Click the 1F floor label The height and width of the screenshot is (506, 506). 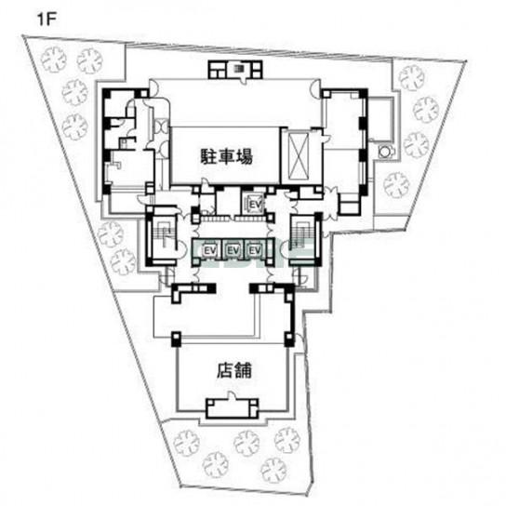click(x=47, y=20)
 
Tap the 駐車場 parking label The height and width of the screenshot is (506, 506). click(x=227, y=156)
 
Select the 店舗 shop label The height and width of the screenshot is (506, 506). click(x=233, y=370)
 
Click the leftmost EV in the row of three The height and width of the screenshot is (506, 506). click(x=209, y=250)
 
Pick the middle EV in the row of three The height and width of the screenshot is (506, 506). click(x=233, y=250)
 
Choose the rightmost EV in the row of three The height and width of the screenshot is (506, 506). click(x=255, y=250)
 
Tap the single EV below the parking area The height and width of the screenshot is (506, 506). click(x=255, y=205)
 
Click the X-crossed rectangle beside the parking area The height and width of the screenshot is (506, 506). click(x=300, y=156)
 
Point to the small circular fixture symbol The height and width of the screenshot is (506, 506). click(x=385, y=151)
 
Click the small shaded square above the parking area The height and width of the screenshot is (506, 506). click(x=238, y=69)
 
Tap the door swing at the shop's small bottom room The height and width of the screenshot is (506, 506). click(x=231, y=395)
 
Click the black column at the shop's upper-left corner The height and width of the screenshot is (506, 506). click(x=176, y=339)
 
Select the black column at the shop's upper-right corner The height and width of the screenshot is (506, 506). click(x=289, y=339)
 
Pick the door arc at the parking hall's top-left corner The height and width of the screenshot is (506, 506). click(x=153, y=86)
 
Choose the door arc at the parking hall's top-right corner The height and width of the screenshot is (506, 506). click(x=315, y=86)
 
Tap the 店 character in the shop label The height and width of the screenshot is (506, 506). click(x=224, y=370)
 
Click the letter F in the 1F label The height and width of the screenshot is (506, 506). click(x=52, y=20)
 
